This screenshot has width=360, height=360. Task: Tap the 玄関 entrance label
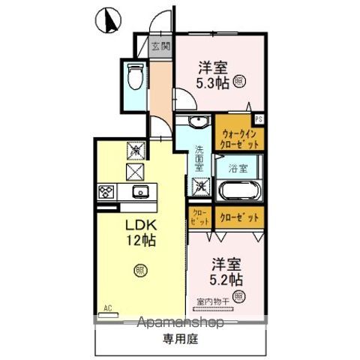[160, 46]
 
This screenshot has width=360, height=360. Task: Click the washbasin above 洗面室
[198, 124]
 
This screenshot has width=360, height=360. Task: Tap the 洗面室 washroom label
[199, 154]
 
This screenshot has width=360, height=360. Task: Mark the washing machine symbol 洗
[200, 184]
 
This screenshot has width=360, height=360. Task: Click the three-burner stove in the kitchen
[105, 192]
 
